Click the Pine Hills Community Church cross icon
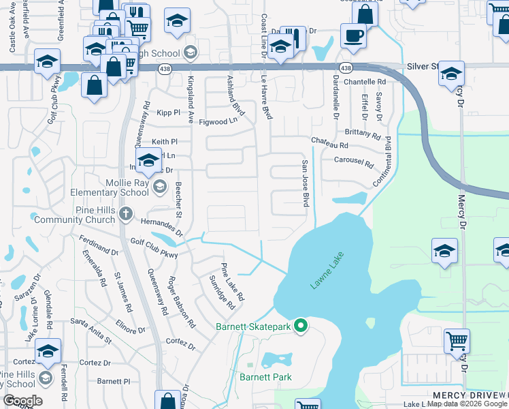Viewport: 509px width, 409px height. coord(125,215)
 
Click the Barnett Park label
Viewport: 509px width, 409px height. coord(265,377)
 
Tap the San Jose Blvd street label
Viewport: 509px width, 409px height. coord(306,184)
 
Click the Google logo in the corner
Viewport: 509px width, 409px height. coord(22,401)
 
